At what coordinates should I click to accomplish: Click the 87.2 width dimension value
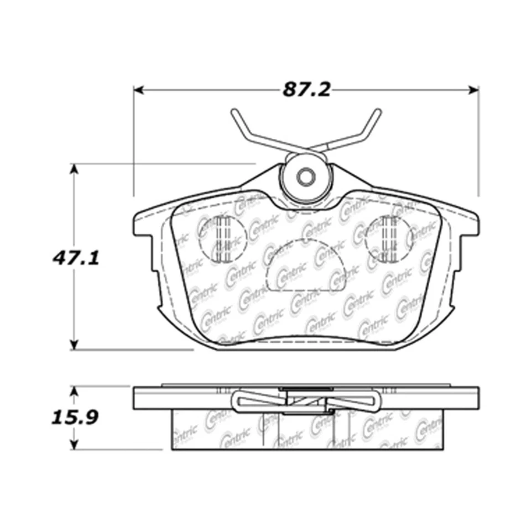click(306, 90)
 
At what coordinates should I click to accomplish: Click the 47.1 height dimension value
click(77, 257)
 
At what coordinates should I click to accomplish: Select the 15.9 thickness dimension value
click(77, 417)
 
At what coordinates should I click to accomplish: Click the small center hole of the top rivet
click(305, 177)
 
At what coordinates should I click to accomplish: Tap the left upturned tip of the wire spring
click(235, 113)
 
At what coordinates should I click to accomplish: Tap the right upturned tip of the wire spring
click(377, 113)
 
